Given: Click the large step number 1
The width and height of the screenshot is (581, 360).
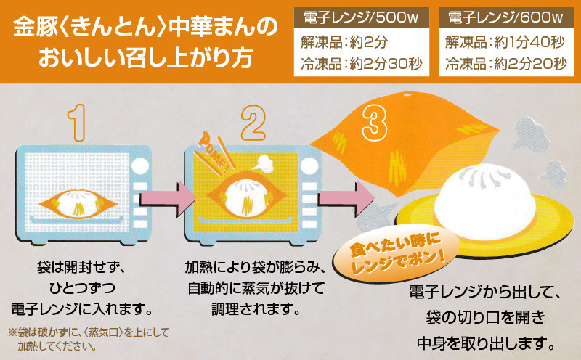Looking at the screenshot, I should tap(78, 121).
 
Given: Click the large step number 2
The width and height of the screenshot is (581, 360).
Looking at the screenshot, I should tap(253, 121).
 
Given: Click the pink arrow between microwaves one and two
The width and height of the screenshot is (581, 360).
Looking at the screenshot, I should tap(166, 195).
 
